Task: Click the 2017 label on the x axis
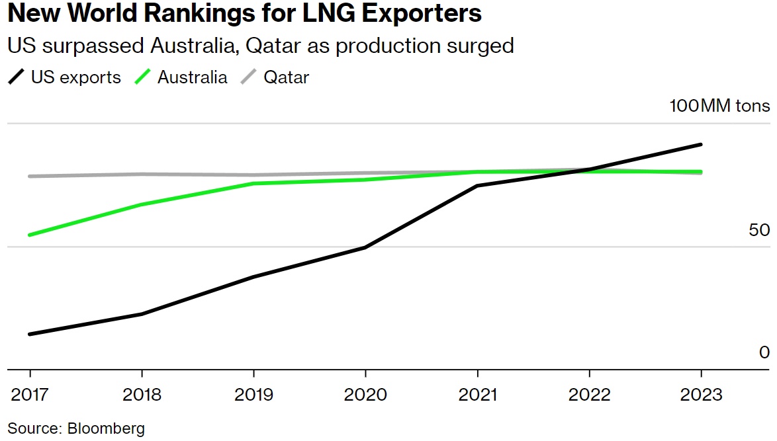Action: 30,395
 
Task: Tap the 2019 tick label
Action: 253,395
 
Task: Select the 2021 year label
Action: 478,395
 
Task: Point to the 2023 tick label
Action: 701,395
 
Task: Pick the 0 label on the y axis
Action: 764,352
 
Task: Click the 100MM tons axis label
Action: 720,106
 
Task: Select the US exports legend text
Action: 75,77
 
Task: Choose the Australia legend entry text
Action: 192,77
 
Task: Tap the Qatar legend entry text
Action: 287,77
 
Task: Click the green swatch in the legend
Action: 144,77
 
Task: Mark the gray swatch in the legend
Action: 248,77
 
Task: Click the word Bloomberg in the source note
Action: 106,428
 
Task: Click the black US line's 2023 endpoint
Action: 701,144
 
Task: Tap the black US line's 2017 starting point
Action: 30,334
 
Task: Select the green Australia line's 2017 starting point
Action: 30,235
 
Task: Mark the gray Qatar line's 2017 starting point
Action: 30,177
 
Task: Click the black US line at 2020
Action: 365,247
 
